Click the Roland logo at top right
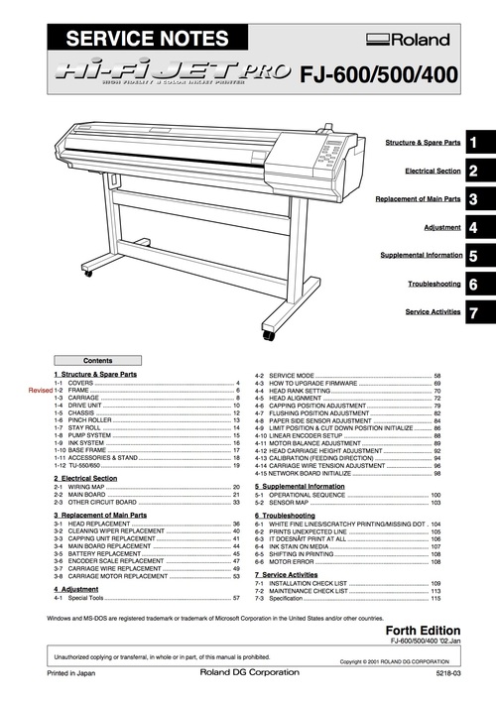point(408,40)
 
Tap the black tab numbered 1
point(475,144)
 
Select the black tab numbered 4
point(475,228)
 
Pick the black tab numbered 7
point(475,312)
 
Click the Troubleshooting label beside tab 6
point(434,285)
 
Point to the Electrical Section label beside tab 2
point(434,172)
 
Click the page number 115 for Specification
point(434,599)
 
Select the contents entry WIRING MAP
point(90,488)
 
